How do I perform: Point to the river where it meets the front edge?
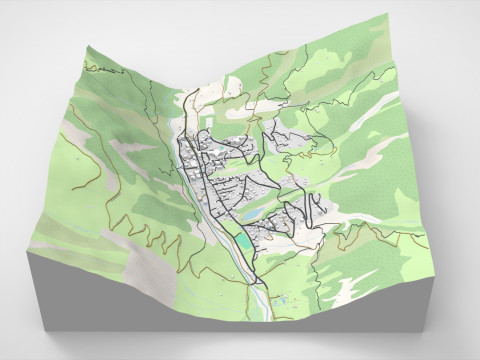(x=268, y=316)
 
